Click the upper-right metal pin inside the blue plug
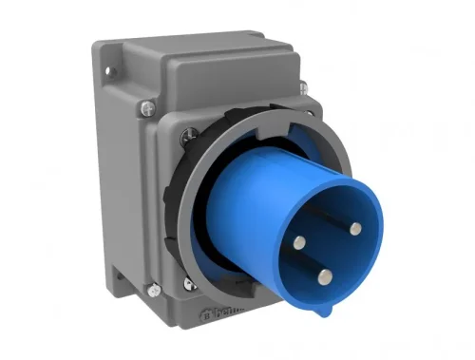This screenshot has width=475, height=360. tap(354, 227)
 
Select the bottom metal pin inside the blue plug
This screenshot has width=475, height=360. tap(324, 276)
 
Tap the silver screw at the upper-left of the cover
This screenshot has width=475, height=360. tap(143, 106)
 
